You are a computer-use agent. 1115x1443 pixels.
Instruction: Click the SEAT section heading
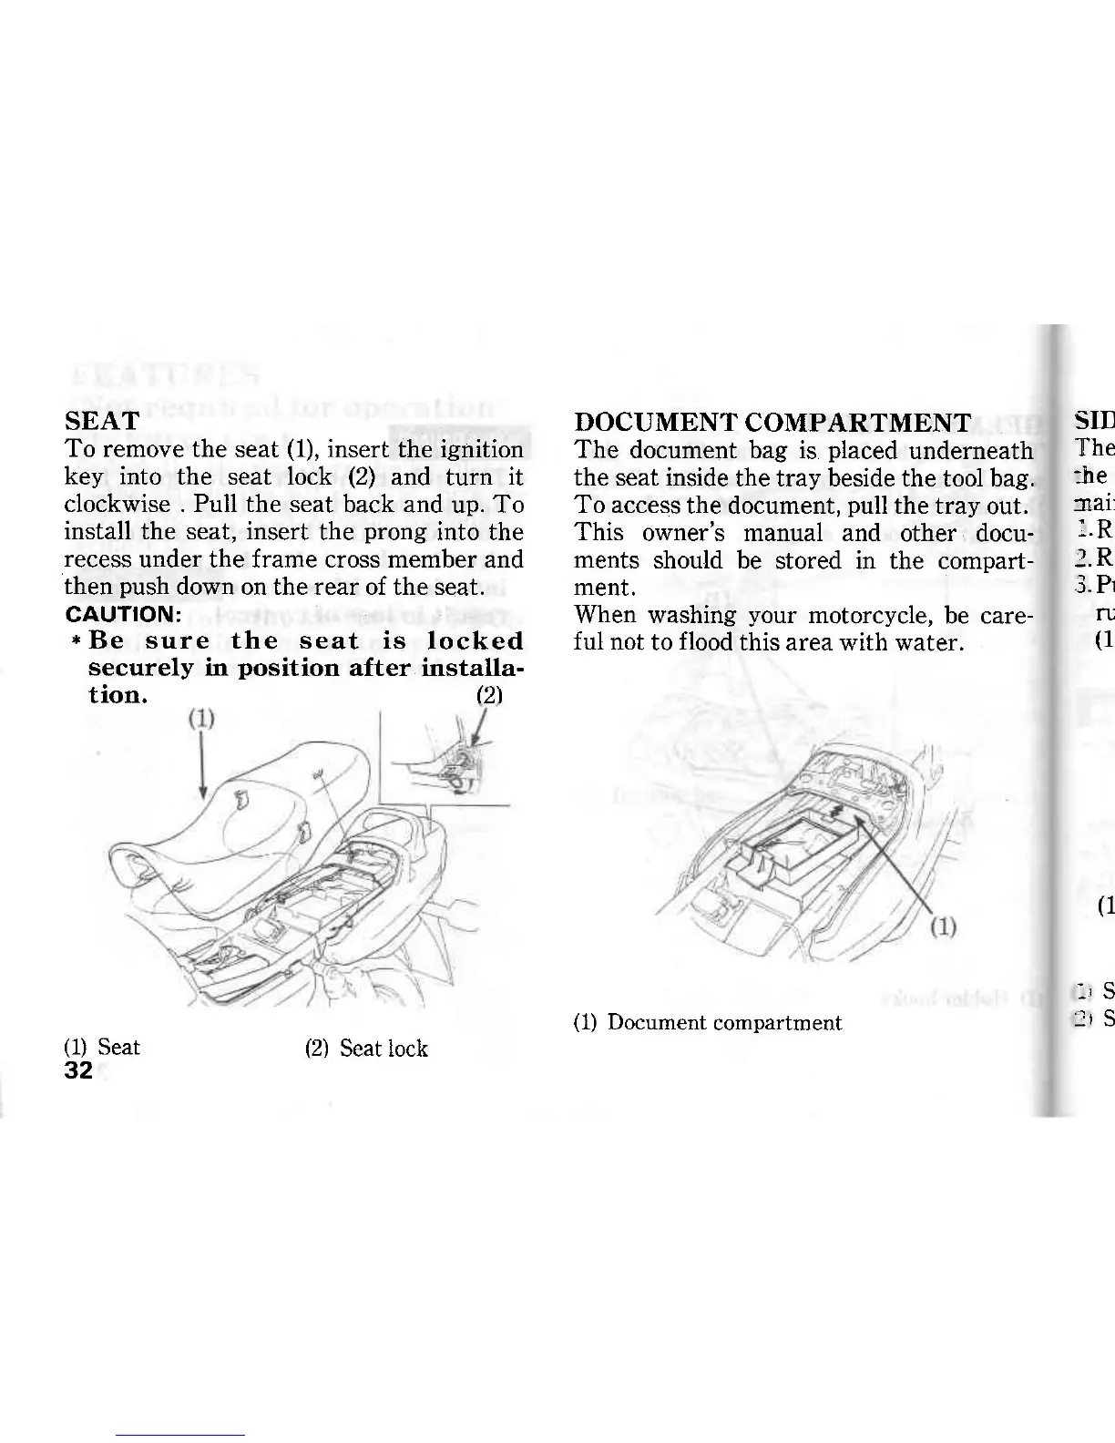pyautogui.click(x=102, y=422)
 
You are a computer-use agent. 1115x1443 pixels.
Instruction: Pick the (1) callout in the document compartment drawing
pyautogui.click(x=944, y=928)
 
